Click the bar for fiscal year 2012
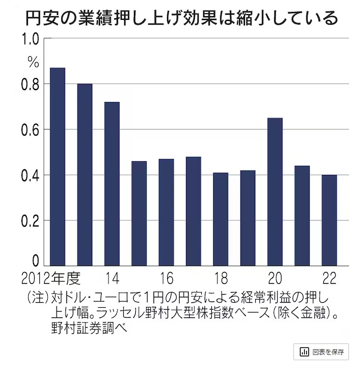pyautogui.click(x=57, y=166)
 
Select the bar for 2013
pyautogui.click(x=84, y=174)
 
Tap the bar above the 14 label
pyautogui.click(x=112, y=184)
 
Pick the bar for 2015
pyautogui.click(x=139, y=214)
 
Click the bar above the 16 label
pyautogui.click(x=166, y=212)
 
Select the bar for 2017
pyautogui.click(x=193, y=211)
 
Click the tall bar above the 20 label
pyautogui.click(x=275, y=192)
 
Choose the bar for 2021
pyautogui.click(x=302, y=216)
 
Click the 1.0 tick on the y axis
pyautogui.click(x=30, y=39)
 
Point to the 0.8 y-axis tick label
pyautogui.click(x=30, y=84)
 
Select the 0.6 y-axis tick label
pyautogui.click(x=30, y=130)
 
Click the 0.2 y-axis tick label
pyautogui.click(x=30, y=220)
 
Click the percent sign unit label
pyautogui.click(x=33, y=62)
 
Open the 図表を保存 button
pyautogui.click(x=321, y=351)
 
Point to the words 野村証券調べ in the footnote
pyautogui.click(x=86, y=329)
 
